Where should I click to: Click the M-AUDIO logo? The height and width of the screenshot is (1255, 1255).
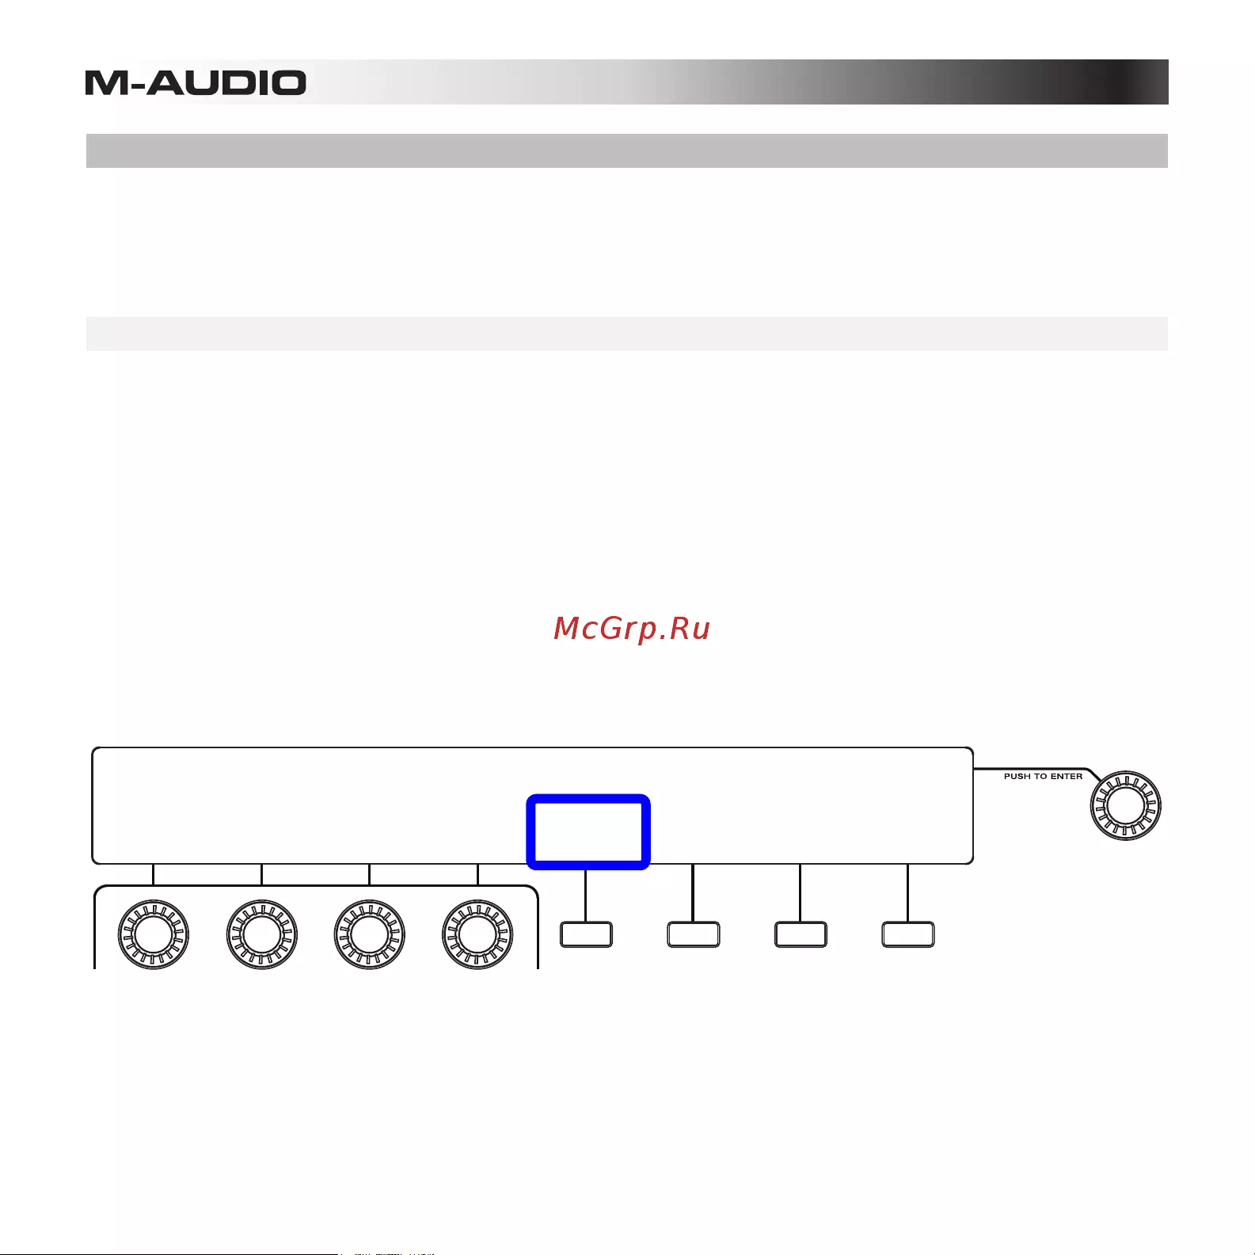point(196,83)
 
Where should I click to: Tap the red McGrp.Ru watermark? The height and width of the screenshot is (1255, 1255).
point(632,629)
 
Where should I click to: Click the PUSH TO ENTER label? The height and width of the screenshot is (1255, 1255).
point(1043,777)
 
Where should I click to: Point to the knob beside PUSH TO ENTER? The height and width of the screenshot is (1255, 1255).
point(1125,806)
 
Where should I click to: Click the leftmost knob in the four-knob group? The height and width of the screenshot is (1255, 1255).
point(153,934)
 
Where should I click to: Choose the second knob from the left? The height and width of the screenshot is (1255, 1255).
point(261,934)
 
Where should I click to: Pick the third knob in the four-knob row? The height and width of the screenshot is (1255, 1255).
point(370,934)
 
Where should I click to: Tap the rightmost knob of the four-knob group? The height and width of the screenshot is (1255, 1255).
point(477,934)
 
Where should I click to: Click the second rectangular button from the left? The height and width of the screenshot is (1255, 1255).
point(694,934)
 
